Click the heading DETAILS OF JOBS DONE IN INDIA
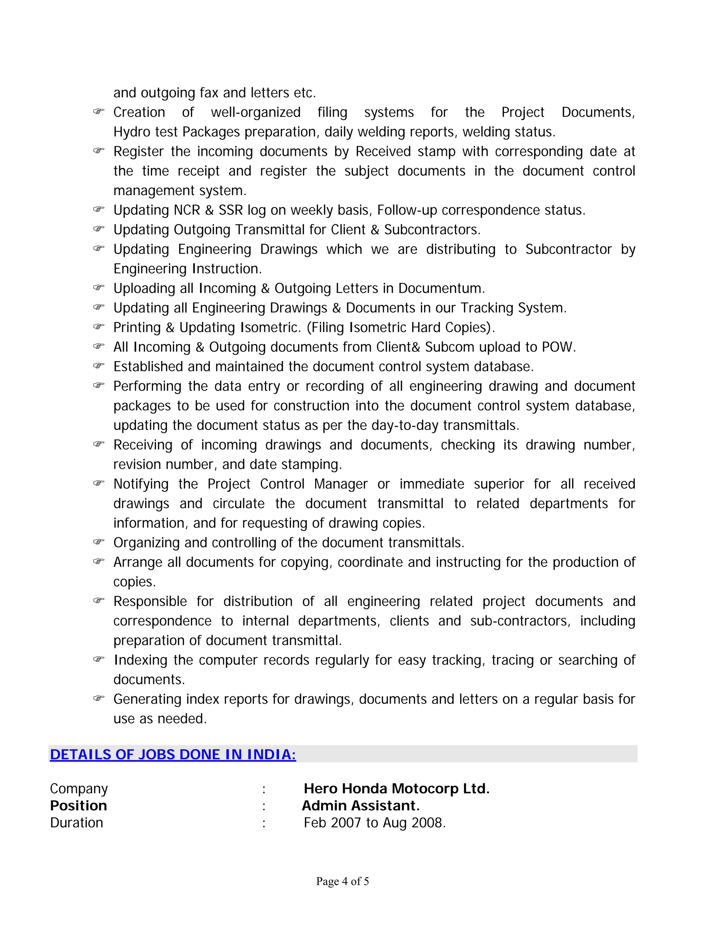(172, 755)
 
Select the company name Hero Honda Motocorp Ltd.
(396, 789)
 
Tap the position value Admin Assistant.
(360, 806)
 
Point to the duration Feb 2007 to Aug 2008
(374, 823)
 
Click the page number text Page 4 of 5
(342, 882)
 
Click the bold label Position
(78, 806)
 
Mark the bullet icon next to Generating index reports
(98, 698)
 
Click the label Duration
(77, 823)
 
